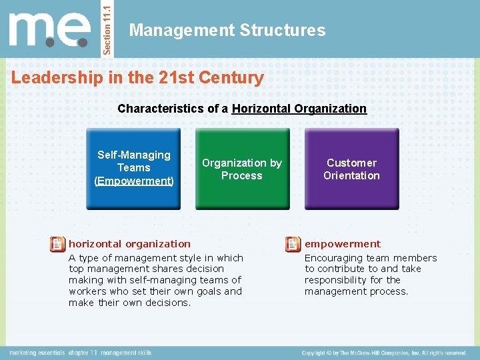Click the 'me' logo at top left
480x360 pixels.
[49, 29]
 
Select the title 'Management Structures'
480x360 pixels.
[227, 30]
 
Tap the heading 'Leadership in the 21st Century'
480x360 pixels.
[137, 77]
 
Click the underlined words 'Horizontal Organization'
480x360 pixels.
[299, 108]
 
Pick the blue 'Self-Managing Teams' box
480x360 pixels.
[134, 169]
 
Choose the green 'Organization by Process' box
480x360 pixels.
[242, 169]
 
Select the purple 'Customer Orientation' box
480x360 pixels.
[351, 169]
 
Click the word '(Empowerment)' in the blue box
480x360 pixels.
[134, 181]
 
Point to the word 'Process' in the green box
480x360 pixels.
[242, 176]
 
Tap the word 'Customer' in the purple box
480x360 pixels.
[351, 163]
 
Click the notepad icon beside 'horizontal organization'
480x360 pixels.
[58, 245]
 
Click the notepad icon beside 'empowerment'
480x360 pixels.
[292, 245]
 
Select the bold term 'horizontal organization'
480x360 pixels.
[129, 244]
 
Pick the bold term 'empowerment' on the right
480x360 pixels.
[343, 244]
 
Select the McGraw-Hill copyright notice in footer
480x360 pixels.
[383, 353]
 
